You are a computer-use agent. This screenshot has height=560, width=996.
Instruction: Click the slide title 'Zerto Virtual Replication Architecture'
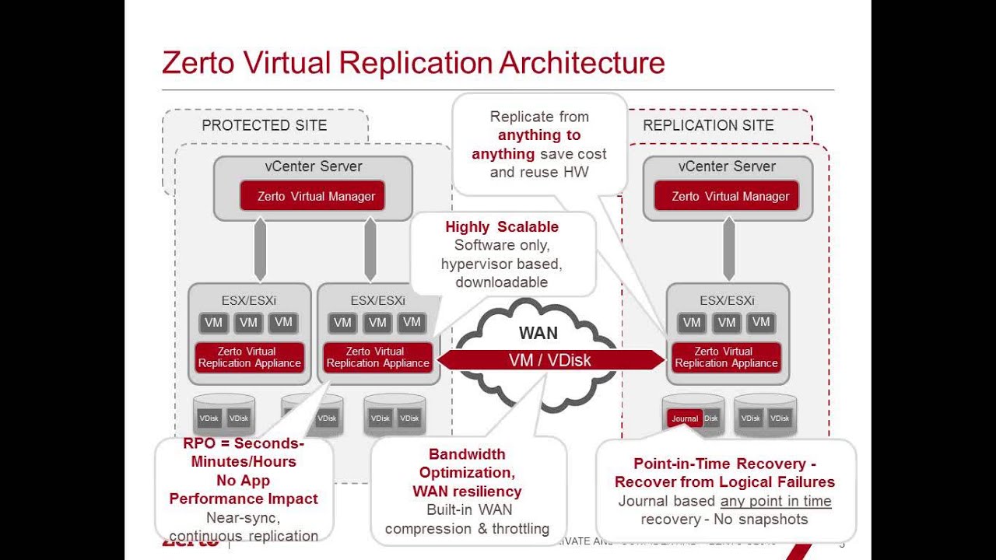tap(413, 62)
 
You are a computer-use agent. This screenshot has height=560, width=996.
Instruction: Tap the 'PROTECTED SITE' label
tap(264, 125)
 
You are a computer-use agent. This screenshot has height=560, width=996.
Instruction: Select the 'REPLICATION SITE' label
tap(708, 125)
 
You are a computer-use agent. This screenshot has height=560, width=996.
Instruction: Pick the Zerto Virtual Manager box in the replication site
tap(731, 196)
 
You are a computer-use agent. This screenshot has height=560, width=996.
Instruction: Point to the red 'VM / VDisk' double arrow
tap(550, 359)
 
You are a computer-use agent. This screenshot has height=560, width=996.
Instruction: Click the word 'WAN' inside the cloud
tap(538, 333)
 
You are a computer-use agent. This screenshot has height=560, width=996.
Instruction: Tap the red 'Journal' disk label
tap(685, 418)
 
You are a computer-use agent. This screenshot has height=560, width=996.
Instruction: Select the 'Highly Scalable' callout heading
tap(502, 226)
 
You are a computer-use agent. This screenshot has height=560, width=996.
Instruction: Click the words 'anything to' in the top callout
tap(539, 135)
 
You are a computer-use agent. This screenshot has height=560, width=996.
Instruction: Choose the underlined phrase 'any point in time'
tap(776, 501)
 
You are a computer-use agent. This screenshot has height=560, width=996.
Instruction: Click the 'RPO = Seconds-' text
tap(244, 443)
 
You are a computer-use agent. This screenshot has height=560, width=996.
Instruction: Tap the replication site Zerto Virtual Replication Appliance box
tap(726, 357)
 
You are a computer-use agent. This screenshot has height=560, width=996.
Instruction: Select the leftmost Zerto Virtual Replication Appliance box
tap(249, 357)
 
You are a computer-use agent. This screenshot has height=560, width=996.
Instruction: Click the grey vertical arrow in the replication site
tap(729, 249)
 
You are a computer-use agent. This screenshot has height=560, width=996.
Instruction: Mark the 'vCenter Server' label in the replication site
tap(727, 166)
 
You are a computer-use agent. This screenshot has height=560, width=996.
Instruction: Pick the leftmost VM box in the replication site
tap(691, 323)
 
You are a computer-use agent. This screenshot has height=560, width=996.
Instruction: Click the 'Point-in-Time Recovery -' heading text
tap(724, 464)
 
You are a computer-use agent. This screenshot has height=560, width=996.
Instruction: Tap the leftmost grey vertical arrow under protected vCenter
tap(261, 249)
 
